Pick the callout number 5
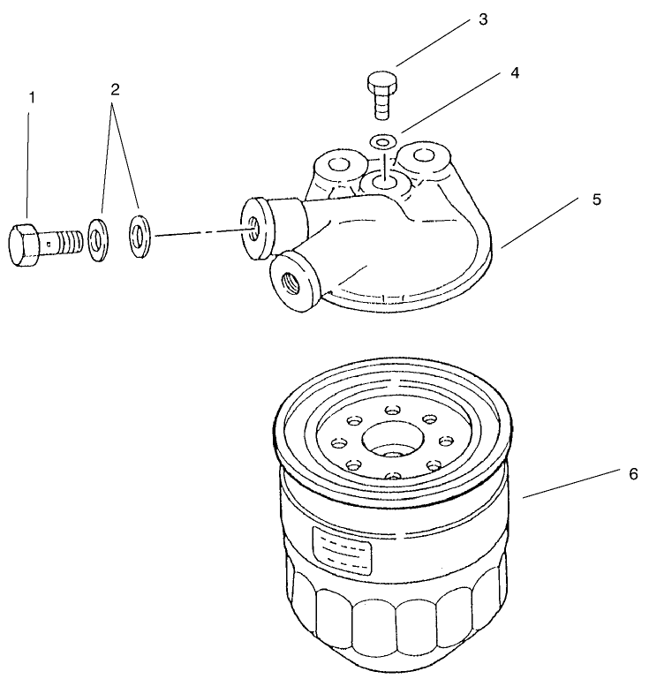(x=597, y=200)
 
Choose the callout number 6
(x=632, y=474)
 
